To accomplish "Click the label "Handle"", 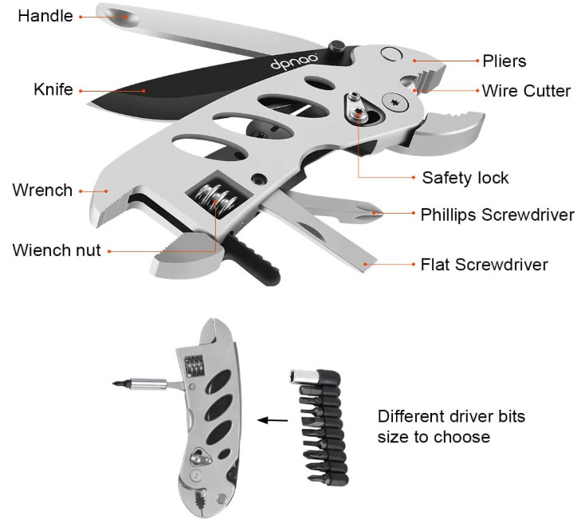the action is click(x=45, y=16).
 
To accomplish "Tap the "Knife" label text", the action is click(x=53, y=89).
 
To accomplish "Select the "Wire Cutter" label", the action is click(x=526, y=91).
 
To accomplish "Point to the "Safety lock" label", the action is click(x=465, y=178).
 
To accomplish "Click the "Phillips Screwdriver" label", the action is click(x=497, y=215).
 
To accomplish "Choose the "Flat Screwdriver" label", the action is click(x=485, y=265).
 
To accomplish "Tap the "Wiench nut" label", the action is click(x=57, y=250).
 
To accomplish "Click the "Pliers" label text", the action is click(x=504, y=61).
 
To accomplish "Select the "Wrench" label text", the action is click(x=42, y=191).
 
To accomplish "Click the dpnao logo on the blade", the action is click(x=294, y=61).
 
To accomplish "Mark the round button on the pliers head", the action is click(x=391, y=53).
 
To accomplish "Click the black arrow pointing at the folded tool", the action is click(x=273, y=420).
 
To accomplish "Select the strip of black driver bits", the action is click(x=320, y=427).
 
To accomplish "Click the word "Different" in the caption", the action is click(x=410, y=417).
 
